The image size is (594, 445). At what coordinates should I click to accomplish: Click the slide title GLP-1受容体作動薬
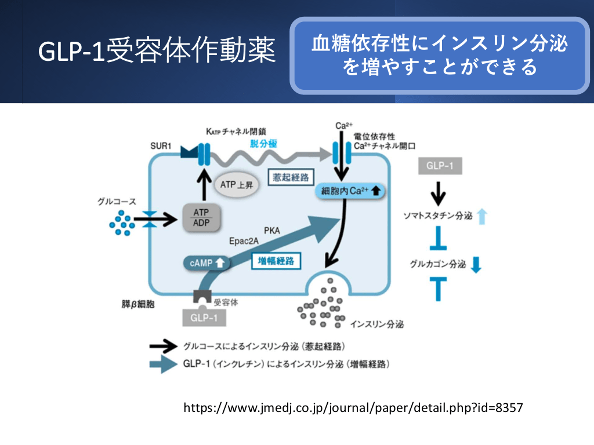point(156,51)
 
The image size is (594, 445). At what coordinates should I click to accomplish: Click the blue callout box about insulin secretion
point(440,56)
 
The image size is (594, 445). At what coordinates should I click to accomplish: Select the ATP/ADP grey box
point(200,218)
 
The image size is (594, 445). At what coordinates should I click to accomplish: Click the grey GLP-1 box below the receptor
point(204,318)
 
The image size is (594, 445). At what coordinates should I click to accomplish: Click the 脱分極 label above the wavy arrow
point(264,144)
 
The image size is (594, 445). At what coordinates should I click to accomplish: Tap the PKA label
point(272,230)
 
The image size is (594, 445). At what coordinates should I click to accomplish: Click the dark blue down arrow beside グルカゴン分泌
point(476,265)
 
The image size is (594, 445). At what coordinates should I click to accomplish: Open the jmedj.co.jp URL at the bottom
point(353,407)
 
